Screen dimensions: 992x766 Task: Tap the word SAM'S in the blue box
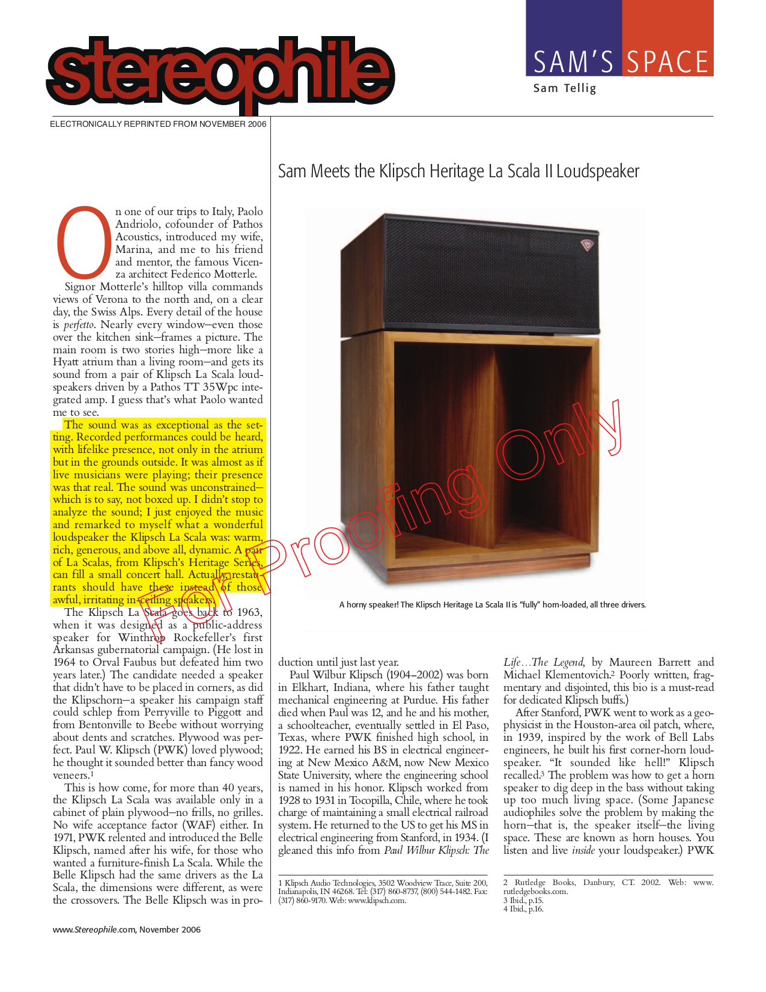click(x=573, y=62)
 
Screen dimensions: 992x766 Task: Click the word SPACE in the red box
click(x=667, y=62)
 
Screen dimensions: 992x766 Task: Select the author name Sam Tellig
click(x=565, y=88)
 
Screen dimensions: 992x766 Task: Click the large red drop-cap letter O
click(x=84, y=243)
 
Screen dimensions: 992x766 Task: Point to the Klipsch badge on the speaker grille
click(x=586, y=245)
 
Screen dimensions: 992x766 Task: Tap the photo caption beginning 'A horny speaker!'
click(x=492, y=604)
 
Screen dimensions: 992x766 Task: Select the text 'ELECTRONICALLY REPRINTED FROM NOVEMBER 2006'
click(x=158, y=124)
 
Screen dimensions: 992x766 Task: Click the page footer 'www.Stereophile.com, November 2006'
click(x=127, y=930)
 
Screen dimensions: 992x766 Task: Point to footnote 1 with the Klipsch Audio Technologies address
click(x=383, y=892)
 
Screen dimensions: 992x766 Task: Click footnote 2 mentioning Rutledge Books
click(x=608, y=887)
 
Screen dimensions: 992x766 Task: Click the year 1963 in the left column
click(x=249, y=612)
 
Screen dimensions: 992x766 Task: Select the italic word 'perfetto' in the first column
click(x=79, y=325)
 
